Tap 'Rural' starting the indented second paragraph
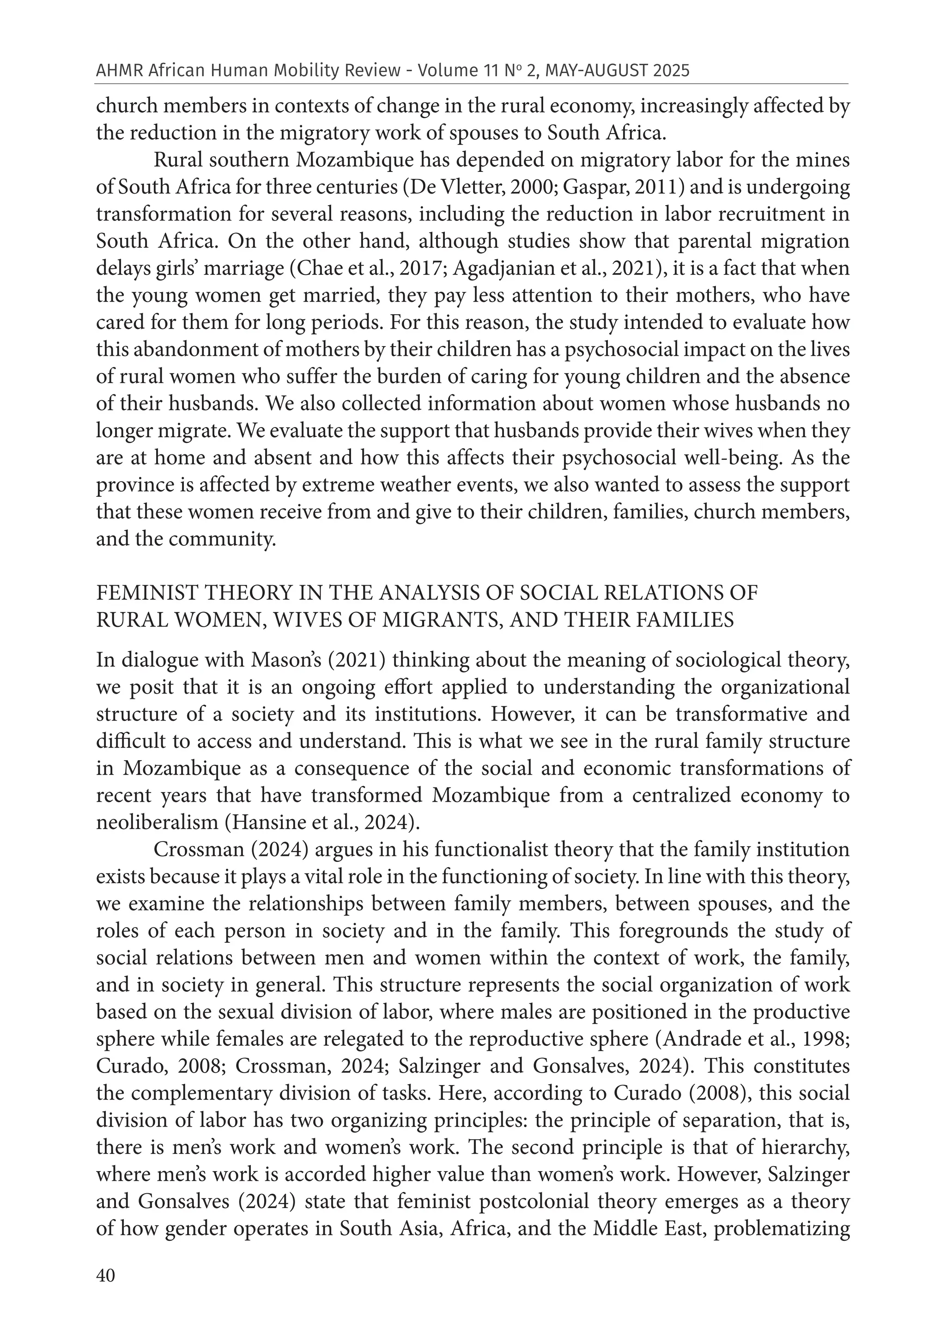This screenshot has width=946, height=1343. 176,160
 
